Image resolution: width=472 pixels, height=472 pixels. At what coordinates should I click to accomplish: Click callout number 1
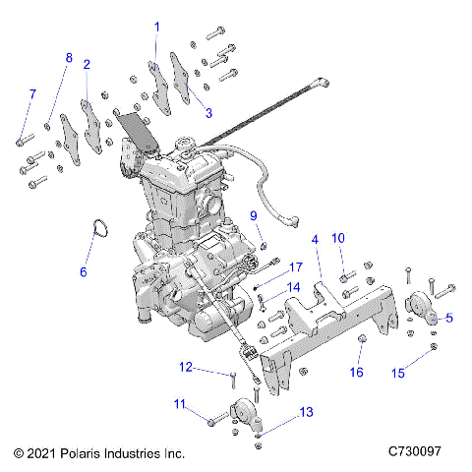[x=155, y=25]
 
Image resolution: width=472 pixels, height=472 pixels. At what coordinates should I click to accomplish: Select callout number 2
[x=87, y=64]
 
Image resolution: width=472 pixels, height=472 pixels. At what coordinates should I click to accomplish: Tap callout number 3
[x=207, y=112]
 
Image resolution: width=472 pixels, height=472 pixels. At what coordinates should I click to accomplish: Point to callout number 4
[x=315, y=239]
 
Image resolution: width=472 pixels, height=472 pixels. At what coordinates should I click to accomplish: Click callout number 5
[x=449, y=317]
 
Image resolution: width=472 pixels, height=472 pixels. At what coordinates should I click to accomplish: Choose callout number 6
[x=83, y=269]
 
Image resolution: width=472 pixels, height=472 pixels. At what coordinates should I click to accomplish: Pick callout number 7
[x=31, y=93]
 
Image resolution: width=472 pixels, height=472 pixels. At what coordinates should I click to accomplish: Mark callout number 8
[x=69, y=58]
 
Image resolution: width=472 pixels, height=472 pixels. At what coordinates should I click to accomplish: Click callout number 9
[x=252, y=215]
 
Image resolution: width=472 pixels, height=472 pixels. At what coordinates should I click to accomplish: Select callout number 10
[x=337, y=238]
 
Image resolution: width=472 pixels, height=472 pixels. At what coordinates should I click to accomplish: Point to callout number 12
[x=185, y=368]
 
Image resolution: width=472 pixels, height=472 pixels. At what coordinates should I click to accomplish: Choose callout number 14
[x=293, y=288]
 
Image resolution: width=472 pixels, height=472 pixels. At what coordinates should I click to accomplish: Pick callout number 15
[x=398, y=372]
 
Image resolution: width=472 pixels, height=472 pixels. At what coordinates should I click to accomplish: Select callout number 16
[x=357, y=372]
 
